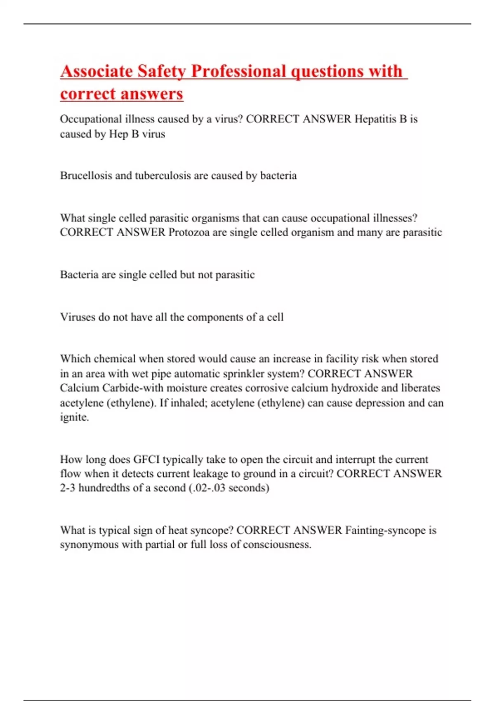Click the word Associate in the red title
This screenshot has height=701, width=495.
(x=97, y=71)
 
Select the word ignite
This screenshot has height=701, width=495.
(x=74, y=417)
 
